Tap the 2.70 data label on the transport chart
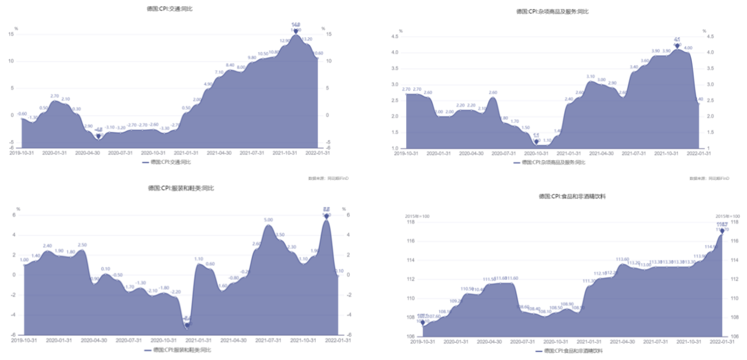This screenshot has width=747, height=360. click(54, 96)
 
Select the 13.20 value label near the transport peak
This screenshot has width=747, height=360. click(307, 39)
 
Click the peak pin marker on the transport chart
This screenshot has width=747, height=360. click(296, 31)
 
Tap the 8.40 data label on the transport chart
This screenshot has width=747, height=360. click(230, 65)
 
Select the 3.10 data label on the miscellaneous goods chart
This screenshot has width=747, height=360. click(590, 76)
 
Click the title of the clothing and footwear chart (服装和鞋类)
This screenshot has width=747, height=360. click(181, 188)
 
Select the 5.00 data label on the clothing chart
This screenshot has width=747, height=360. click(268, 220)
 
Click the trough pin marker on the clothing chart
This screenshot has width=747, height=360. click(187, 324)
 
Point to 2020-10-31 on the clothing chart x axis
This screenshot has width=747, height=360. click(161, 340)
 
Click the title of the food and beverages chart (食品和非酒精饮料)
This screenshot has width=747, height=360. click(572, 196)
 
